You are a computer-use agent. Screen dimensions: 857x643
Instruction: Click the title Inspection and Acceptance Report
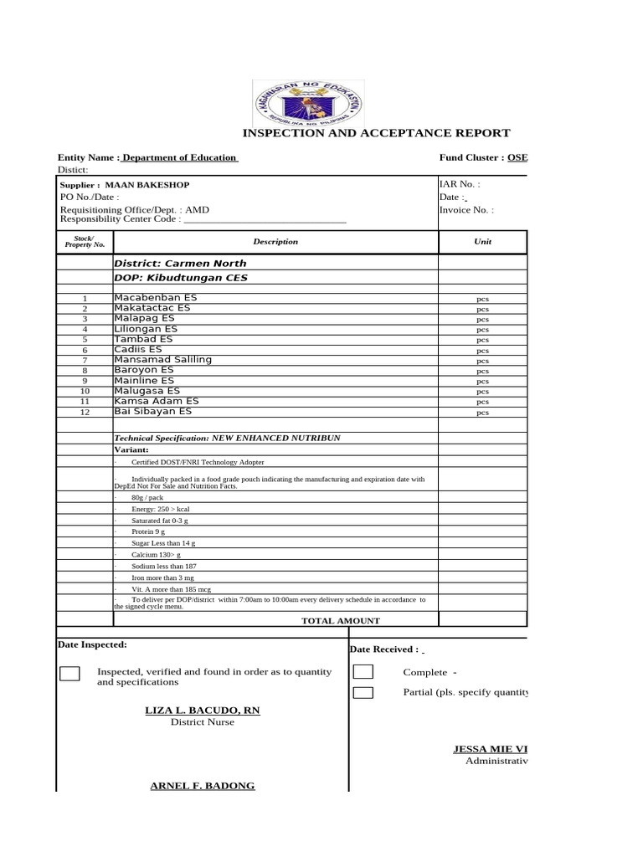376,133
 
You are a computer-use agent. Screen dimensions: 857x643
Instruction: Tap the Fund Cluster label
471,157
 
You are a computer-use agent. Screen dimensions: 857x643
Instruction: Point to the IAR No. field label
460,184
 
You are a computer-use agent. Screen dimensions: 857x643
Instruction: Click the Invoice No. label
466,210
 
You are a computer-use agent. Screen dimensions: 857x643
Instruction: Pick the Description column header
275,242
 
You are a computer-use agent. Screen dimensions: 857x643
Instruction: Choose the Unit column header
483,242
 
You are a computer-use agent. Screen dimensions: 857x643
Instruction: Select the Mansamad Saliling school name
162,360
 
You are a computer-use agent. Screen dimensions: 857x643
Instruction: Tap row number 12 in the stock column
85,412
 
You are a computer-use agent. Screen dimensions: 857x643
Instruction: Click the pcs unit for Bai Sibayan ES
483,412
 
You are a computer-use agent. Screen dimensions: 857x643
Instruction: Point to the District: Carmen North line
180,263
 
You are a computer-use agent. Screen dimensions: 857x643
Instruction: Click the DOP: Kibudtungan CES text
181,278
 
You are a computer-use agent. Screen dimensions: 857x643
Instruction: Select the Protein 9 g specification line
150,531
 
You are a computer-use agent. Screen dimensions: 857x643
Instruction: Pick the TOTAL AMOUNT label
341,621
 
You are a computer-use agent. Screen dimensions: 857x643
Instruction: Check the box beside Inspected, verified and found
70,675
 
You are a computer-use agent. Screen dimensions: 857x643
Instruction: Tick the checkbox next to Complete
363,671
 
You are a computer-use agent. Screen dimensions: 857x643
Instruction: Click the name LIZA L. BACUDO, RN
203,711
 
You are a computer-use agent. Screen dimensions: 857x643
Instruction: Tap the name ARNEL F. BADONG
202,785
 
